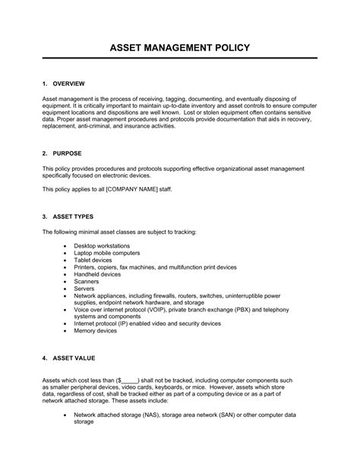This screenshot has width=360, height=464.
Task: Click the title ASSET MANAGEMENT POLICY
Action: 180,49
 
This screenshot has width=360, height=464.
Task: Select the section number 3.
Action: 45,215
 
